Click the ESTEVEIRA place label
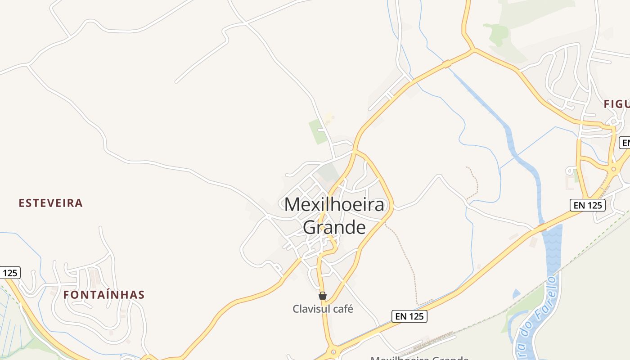point(50,203)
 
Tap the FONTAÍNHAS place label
point(103,295)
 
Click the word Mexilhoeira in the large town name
point(334,205)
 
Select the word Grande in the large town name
point(334,227)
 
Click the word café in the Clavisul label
point(342,309)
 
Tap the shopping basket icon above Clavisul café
point(323,296)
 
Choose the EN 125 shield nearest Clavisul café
point(409,316)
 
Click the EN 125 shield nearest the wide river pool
point(587,205)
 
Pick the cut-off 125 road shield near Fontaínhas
point(10,273)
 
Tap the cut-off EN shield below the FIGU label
point(625,143)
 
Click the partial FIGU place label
point(616,104)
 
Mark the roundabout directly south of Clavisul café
point(333,352)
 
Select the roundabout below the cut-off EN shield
point(613,169)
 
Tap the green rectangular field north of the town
point(318,132)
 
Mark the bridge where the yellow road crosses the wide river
point(542,226)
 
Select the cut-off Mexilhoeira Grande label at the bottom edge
point(419,358)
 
